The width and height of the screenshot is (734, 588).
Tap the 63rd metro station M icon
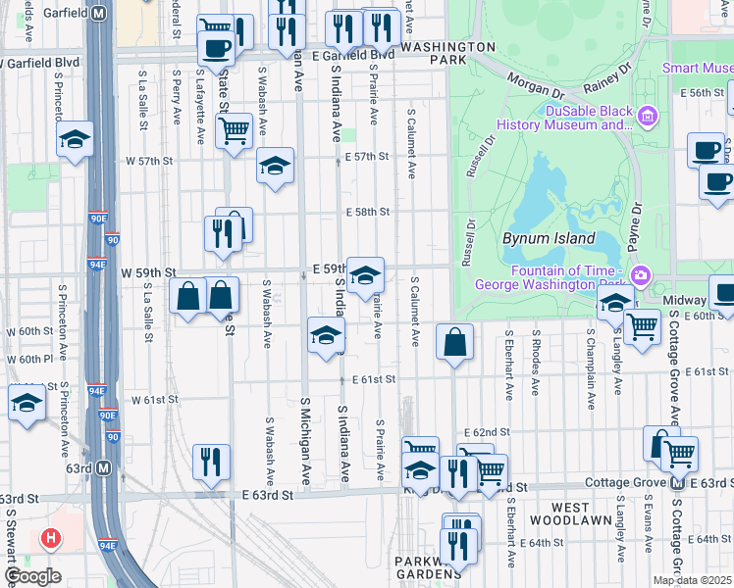tap(104, 468)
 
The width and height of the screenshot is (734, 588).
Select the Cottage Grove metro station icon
tap(676, 483)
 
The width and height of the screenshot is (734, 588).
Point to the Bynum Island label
tap(549, 238)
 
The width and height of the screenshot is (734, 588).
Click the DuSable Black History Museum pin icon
tap(647, 118)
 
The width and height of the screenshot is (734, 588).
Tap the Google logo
tap(32, 576)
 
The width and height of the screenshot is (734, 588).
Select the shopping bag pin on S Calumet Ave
tap(454, 343)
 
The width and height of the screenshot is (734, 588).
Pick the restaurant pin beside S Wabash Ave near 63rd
tap(211, 462)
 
